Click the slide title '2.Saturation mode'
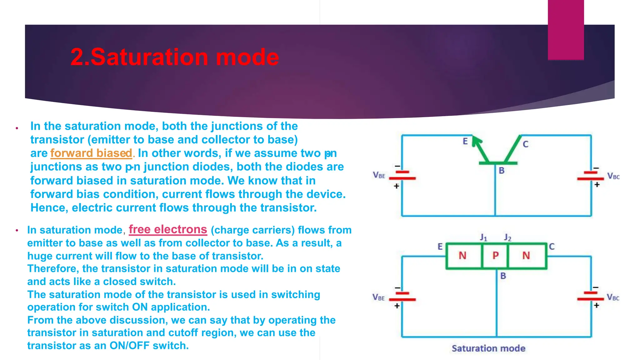point(174,57)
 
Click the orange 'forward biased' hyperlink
point(91,153)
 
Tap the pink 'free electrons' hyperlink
point(168,229)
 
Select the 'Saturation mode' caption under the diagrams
point(488,348)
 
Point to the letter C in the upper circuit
point(526,144)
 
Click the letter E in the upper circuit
point(465,142)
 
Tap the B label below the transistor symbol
point(502,171)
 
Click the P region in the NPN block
point(496,256)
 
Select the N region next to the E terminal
point(462,256)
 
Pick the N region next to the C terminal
point(526,256)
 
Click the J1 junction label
point(483,238)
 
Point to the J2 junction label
point(507,238)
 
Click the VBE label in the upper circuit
point(379,175)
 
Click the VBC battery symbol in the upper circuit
point(590,176)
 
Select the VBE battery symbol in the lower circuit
point(402,297)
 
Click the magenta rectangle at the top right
point(566,30)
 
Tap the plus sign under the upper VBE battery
point(396,186)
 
